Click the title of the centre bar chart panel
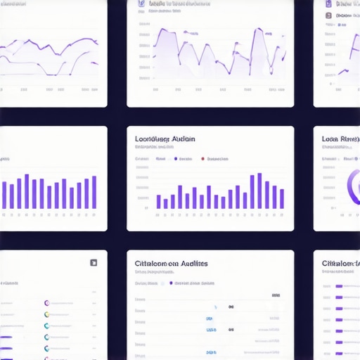pos(165,139)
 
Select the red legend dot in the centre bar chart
pos(203,159)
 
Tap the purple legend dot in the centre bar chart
pos(175,159)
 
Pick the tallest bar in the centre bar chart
pos(259,191)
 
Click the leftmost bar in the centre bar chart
pos(158,202)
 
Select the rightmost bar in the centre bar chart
pos(282,199)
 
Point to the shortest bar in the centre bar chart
pos(165,204)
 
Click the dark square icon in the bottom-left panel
pos(93,263)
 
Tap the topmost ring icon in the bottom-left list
pos(46,302)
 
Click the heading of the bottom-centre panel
pos(171,263)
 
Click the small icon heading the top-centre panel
pos(140,4)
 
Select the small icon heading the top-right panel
pos(328,4)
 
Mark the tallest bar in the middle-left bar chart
pos(27,191)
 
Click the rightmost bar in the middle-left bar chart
pos(94,192)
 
